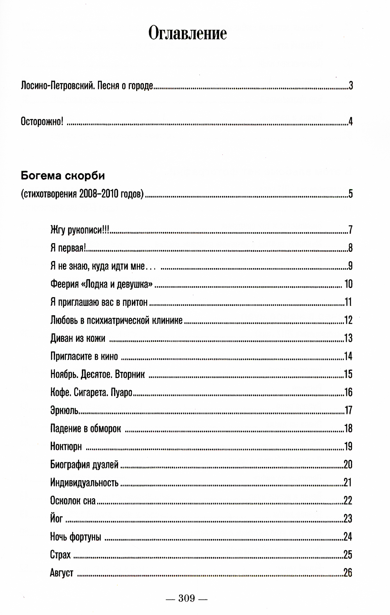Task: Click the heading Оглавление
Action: pos(188,34)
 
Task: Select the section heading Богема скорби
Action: pos(62,176)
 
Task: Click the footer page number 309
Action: pos(186,598)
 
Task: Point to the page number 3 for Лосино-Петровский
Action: pos(351,86)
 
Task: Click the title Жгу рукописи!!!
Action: pos(80,230)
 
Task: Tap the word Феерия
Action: pos(64,284)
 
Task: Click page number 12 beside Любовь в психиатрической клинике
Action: pos(348,320)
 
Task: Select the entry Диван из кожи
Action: pos(78,338)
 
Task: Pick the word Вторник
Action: pos(130,375)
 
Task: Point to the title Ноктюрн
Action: pos(66,447)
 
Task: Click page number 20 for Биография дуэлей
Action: pos(348,465)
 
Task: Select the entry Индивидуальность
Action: pos(84,483)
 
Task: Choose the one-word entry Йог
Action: pos(57,519)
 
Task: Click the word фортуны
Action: pos(86,537)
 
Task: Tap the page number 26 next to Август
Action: pos(348,573)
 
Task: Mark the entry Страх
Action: pos(60,555)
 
